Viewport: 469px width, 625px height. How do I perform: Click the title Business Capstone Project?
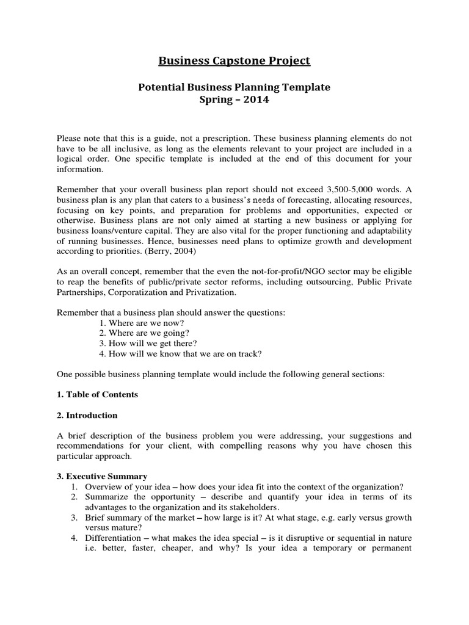click(234, 60)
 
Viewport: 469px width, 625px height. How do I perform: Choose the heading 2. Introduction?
click(87, 415)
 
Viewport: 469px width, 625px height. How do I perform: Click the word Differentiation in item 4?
click(113, 537)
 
